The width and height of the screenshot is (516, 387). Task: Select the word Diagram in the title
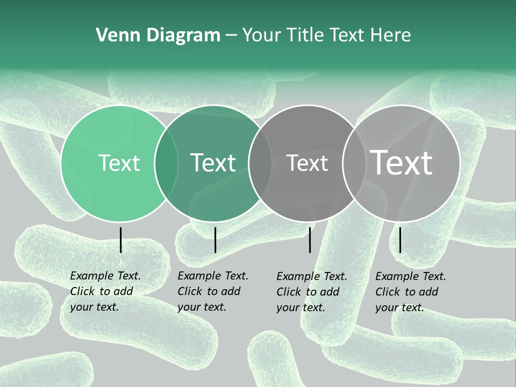[x=180, y=35]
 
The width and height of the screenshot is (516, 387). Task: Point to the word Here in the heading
[x=391, y=35]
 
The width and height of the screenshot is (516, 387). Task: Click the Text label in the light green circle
[x=119, y=163]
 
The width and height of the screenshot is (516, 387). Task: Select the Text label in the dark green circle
[x=213, y=163]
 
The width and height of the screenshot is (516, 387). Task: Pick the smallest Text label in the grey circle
[x=307, y=163]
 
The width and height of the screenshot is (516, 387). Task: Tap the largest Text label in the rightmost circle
[x=402, y=163]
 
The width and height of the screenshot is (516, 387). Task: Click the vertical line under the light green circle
[x=120, y=240]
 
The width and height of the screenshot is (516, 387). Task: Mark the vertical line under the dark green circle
[x=215, y=240]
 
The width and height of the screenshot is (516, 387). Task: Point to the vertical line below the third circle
[x=310, y=240]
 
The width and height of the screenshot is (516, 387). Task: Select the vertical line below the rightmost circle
[x=400, y=240]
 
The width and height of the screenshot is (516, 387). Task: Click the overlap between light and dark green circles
[x=166, y=163]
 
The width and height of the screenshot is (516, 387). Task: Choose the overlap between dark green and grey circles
[x=260, y=163]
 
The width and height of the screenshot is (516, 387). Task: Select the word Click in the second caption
[x=189, y=291]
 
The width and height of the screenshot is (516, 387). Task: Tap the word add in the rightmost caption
[x=429, y=291]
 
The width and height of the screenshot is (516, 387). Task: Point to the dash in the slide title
[x=231, y=35]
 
